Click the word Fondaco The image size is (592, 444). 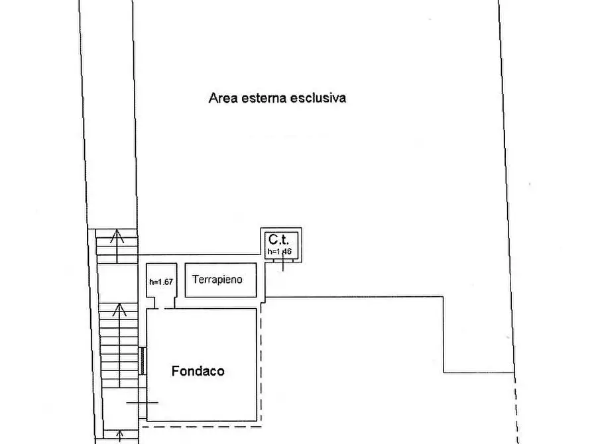pos(198,371)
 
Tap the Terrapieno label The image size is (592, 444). pos(217,280)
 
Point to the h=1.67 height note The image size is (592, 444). pos(161,282)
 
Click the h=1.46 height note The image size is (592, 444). pos(279,252)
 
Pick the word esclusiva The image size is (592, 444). pos(324,99)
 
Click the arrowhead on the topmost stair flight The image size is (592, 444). pos(117,233)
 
